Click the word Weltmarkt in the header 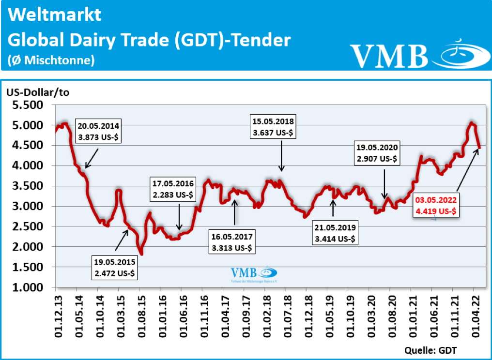point(55,15)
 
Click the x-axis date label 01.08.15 point(141,317)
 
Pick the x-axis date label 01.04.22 point(476,317)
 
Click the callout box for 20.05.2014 point(98,131)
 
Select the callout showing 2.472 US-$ point(115,268)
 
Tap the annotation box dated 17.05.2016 point(173,189)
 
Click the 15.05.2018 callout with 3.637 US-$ point(273,127)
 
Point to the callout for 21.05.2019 point(335,233)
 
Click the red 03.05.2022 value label point(435,205)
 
